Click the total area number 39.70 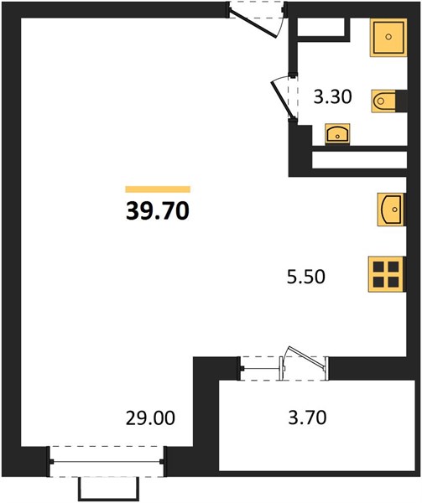click(x=158, y=211)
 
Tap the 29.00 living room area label click(x=150, y=418)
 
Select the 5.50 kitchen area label click(x=306, y=277)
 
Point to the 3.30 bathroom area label click(x=332, y=97)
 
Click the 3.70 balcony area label click(x=307, y=417)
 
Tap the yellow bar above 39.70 click(x=158, y=189)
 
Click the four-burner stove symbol click(x=387, y=274)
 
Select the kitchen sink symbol click(x=391, y=210)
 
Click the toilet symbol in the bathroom click(x=383, y=101)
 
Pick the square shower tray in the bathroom click(x=388, y=38)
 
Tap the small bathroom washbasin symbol click(x=337, y=134)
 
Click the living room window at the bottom click(x=107, y=462)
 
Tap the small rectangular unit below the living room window click(x=109, y=490)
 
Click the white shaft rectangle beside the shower click(x=321, y=27)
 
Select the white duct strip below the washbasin click(x=359, y=159)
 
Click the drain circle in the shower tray click(x=388, y=37)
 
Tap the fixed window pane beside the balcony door click(x=261, y=368)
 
